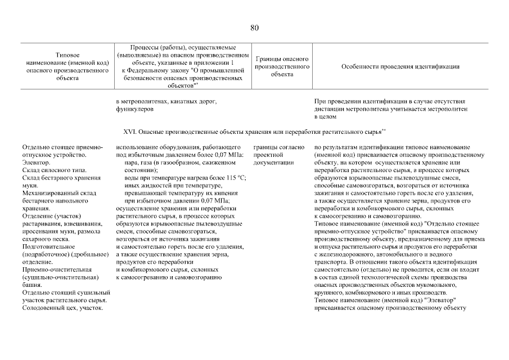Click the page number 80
tap(254, 28)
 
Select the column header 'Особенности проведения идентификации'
tap(400, 66)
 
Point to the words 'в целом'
tap(325, 117)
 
